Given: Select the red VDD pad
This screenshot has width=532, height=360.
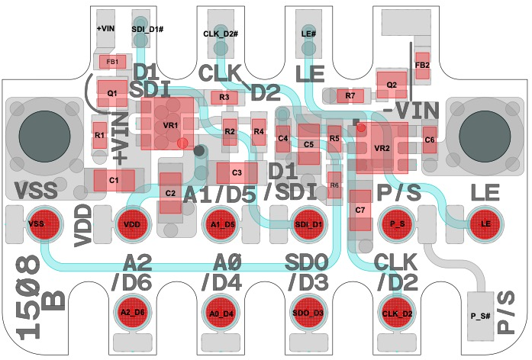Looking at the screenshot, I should pyautogui.click(x=131, y=223).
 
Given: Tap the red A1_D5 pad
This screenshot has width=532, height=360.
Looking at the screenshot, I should pyautogui.click(x=222, y=223).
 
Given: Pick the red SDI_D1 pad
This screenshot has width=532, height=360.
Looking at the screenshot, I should pyautogui.click(x=309, y=223).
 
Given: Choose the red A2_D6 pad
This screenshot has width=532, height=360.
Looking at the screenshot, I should pyautogui.click(x=131, y=313).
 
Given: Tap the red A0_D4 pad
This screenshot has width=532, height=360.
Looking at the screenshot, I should pyautogui.click(x=222, y=313).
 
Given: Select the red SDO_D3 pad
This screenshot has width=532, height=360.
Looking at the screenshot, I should pyautogui.click(x=309, y=313).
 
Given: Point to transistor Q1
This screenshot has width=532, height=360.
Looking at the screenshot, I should pyautogui.click(x=111, y=93).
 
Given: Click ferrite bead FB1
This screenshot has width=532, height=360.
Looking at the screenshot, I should pyautogui.click(x=111, y=61).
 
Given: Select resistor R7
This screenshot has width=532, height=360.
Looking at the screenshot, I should pyautogui.click(x=350, y=95).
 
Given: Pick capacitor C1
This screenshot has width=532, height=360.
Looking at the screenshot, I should pyautogui.click(x=114, y=180).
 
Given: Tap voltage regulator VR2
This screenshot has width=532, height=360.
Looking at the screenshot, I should pyautogui.click(x=382, y=146).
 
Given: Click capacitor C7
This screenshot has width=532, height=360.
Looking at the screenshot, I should pyautogui.click(x=360, y=209).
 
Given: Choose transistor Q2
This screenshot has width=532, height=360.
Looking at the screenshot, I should pyautogui.click(x=392, y=84).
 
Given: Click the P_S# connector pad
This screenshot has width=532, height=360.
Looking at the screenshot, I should pyautogui.click(x=480, y=315).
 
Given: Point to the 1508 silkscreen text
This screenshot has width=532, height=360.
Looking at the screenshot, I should pyautogui.click(x=28, y=297).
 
